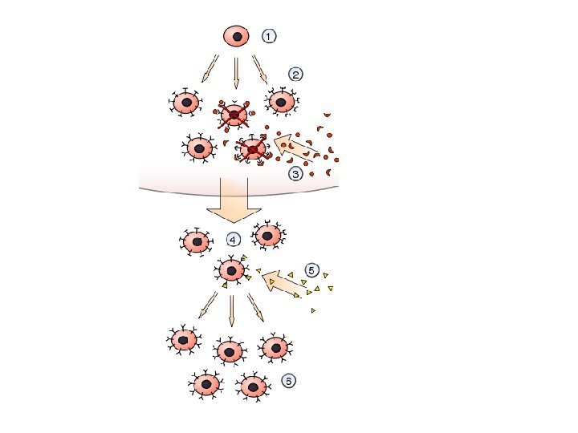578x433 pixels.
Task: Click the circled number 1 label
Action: click(269, 35)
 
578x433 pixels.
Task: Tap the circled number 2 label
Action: click(295, 75)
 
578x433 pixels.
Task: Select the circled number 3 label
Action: click(295, 172)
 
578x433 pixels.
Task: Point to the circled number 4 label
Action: click(233, 239)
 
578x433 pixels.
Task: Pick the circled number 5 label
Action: click(312, 269)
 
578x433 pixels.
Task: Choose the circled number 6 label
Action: click(288, 380)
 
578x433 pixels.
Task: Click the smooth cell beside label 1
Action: click(236, 36)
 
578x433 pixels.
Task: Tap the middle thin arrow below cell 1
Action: click(235, 71)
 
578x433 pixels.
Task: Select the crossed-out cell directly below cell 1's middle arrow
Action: click(234, 116)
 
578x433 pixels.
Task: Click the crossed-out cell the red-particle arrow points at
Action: click(253, 150)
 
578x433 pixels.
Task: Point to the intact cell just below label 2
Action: click(281, 101)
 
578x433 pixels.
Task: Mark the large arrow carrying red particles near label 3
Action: click(295, 148)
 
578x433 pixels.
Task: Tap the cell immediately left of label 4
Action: click(195, 241)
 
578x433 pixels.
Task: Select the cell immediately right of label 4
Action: click(267, 235)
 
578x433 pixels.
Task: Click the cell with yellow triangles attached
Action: click(232, 270)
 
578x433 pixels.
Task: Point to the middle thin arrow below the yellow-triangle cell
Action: click(231, 310)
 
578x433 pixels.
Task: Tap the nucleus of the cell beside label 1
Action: click(237, 36)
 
